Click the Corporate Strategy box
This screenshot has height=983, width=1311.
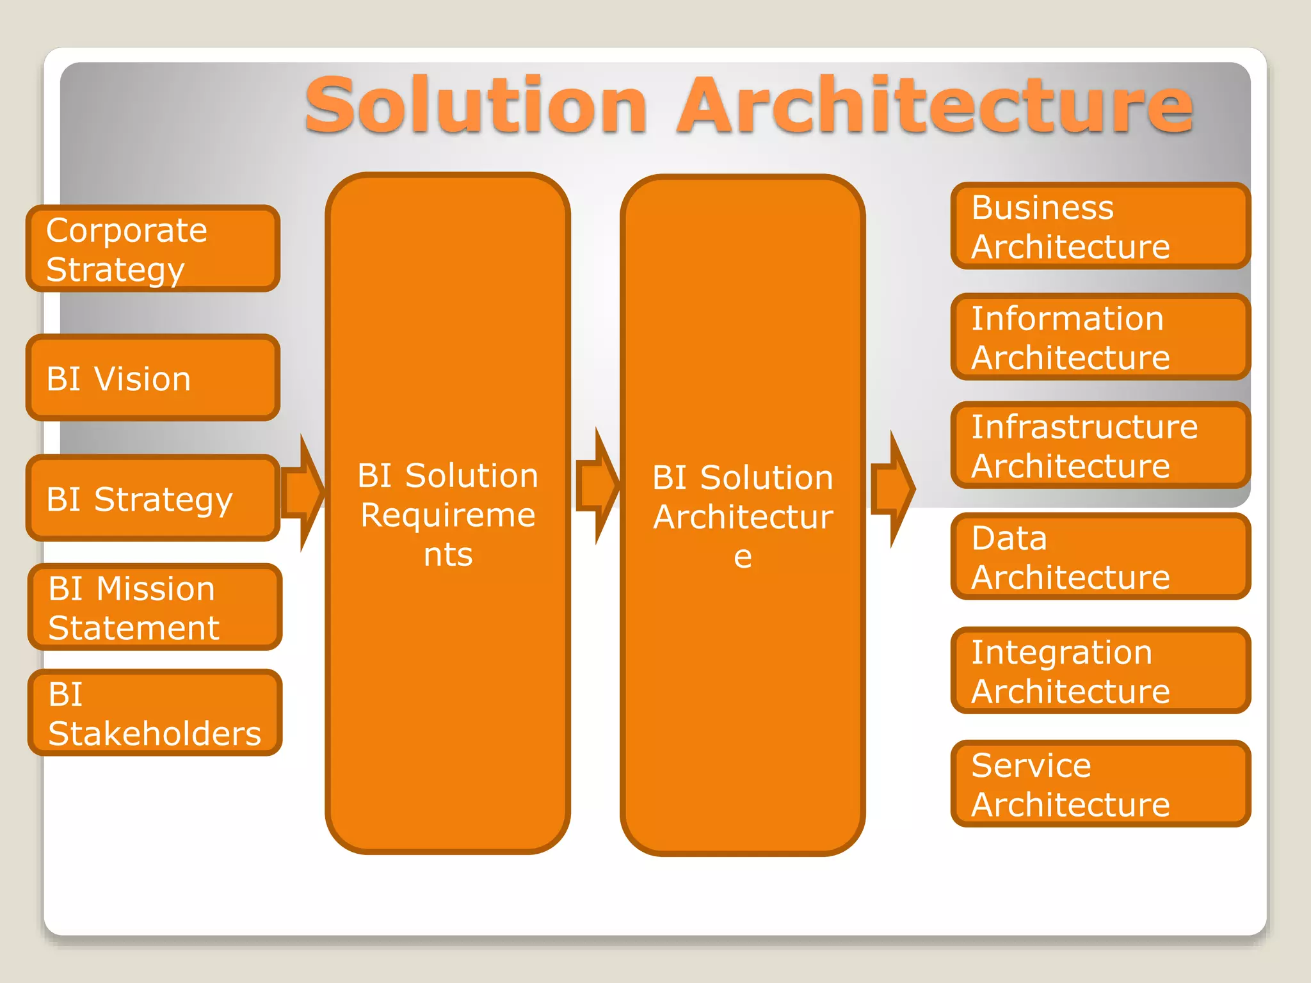[x=152, y=248]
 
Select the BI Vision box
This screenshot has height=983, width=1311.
[x=152, y=378]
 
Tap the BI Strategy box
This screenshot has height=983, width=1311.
[x=152, y=498]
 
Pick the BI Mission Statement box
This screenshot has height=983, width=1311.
[x=154, y=607]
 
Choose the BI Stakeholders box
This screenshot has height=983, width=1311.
[x=154, y=712]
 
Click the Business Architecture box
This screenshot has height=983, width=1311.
[x=1100, y=226]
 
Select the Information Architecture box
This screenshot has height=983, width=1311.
[x=1100, y=337]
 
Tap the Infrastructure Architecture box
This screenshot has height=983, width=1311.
[x=1100, y=445]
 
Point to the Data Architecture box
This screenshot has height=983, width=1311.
[x=1100, y=556]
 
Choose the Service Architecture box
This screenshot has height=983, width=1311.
[x=1100, y=783]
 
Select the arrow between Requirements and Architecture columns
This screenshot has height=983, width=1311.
[x=598, y=486]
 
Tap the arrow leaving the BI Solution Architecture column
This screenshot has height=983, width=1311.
[x=894, y=489]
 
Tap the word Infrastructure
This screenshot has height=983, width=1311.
[x=1084, y=427]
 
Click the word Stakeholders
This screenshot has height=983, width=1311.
[x=154, y=733]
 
